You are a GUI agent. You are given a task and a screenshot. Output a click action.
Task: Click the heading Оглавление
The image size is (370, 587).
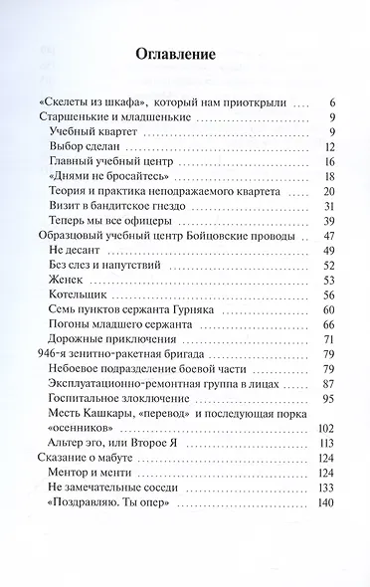coord(185,55)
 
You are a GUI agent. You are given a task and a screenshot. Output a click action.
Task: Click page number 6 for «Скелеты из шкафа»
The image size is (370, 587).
coord(331,102)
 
